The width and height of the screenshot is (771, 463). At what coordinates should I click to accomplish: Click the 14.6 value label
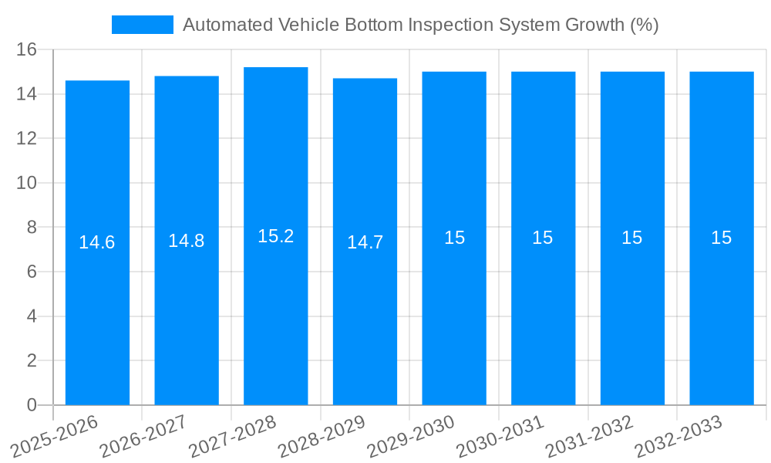[x=97, y=242]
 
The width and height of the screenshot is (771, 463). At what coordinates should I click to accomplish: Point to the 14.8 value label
[x=187, y=241]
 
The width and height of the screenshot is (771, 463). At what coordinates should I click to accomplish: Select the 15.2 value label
[x=276, y=236]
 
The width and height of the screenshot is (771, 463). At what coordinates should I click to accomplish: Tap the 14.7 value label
[x=365, y=242]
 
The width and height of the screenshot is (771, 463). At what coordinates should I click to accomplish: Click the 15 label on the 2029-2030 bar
[x=455, y=238]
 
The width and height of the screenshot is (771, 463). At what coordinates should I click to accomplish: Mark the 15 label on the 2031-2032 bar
[x=632, y=238]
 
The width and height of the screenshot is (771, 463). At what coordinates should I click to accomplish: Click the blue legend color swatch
[x=143, y=25]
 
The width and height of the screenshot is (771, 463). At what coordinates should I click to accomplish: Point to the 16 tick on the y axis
[x=27, y=49]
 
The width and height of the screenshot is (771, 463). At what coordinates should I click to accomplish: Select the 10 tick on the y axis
[x=27, y=183]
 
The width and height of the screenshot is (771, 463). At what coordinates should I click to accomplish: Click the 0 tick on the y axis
[x=32, y=405]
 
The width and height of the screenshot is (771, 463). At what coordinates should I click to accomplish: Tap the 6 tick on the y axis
[x=32, y=272]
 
